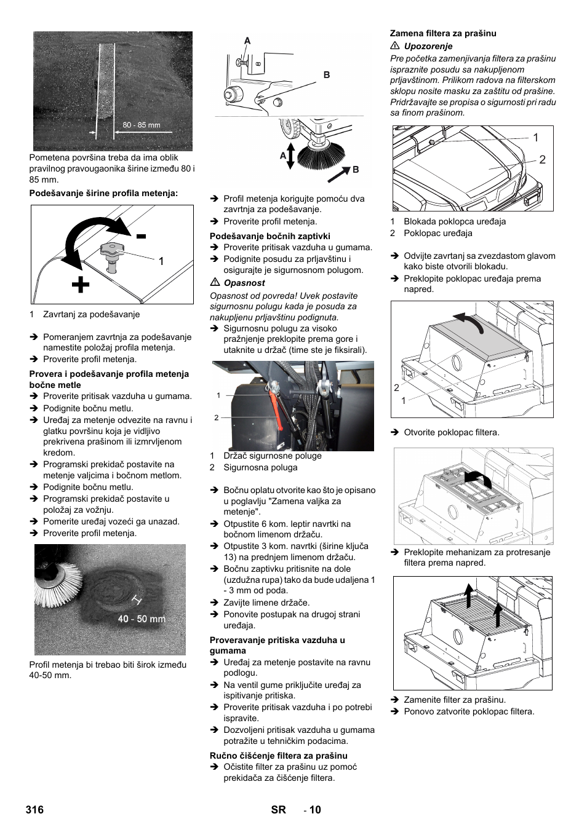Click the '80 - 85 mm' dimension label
141,125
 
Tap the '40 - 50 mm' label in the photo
142,619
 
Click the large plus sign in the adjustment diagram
80,285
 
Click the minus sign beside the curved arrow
142,236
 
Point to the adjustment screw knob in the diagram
111,251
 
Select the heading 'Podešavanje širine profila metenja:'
103,193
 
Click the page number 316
34,809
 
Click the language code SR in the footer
278,809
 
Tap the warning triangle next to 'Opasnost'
215,282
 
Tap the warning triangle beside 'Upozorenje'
395,45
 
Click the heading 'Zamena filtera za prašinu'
443,33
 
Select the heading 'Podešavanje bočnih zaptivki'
270,236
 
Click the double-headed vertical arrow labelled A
290,156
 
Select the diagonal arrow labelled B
339,175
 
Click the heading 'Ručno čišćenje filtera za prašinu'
279,756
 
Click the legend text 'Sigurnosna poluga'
260,467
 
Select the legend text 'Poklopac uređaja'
438,233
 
